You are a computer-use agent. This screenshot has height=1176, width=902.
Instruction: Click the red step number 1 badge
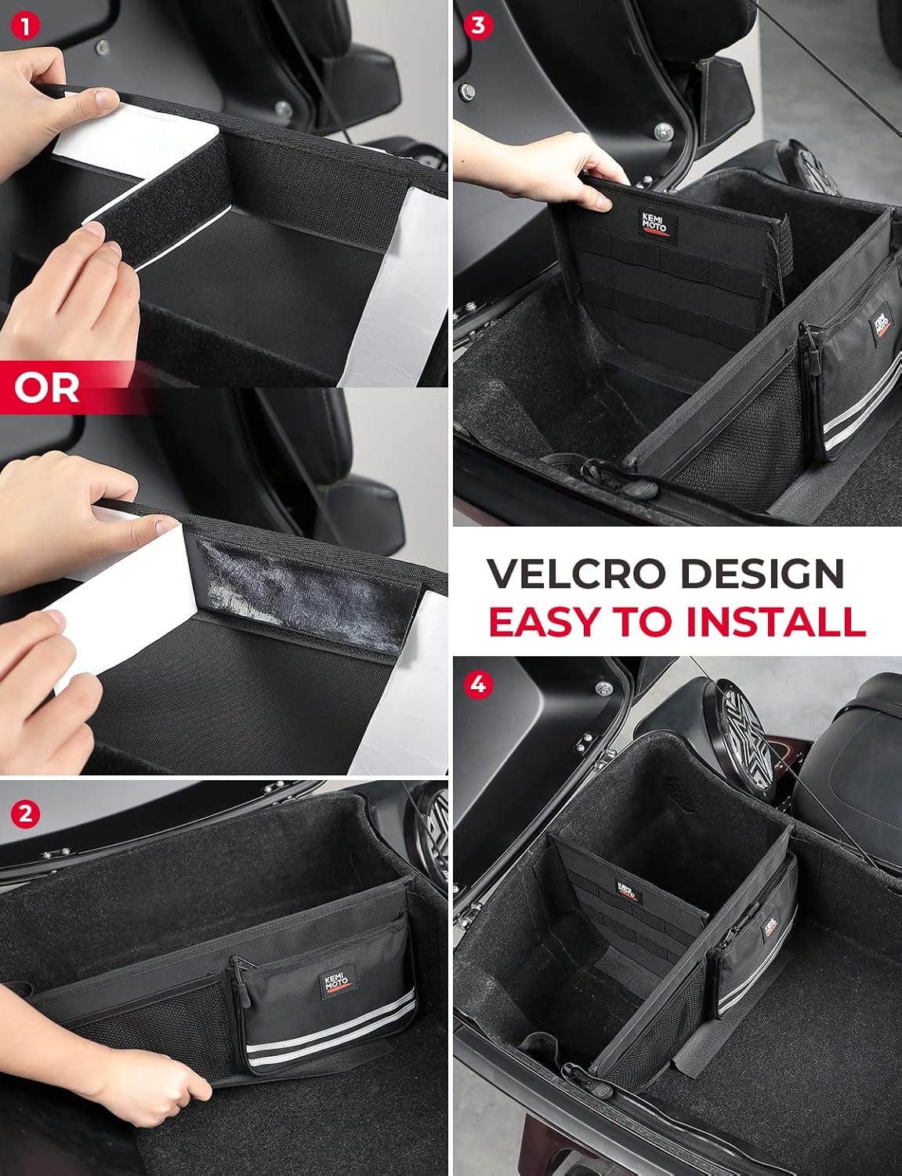tap(25, 27)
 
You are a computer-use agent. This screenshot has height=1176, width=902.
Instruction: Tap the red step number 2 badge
tap(25, 813)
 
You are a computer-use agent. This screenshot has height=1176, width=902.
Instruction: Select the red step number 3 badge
tap(478, 26)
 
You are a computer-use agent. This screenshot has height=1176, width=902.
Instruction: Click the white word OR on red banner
tap(47, 387)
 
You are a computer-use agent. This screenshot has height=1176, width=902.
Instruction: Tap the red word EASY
tap(545, 621)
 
